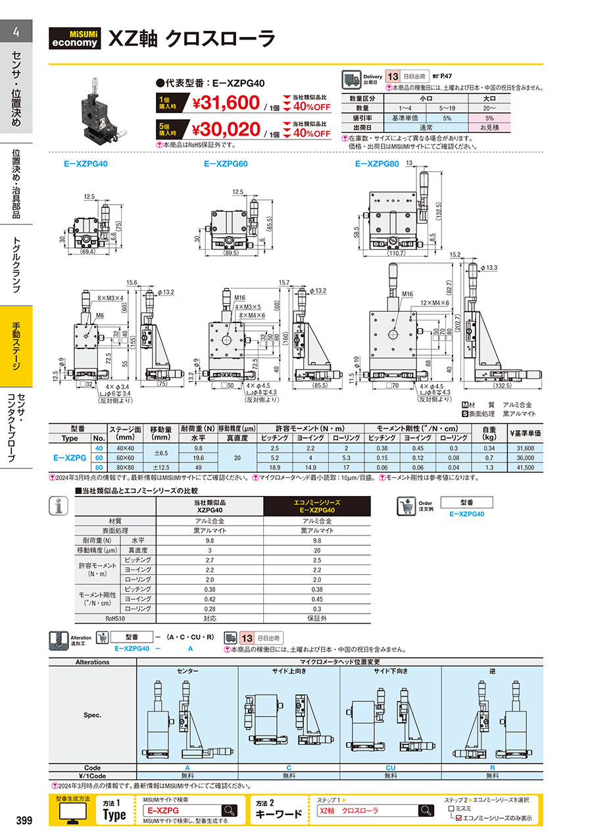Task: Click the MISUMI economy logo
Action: [x=76, y=39]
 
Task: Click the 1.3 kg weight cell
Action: [x=488, y=467]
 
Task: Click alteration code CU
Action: [x=391, y=767]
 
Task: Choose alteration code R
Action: [x=492, y=767]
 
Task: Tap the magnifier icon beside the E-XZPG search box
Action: [x=229, y=810]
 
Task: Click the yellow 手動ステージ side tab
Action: [x=16, y=346]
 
